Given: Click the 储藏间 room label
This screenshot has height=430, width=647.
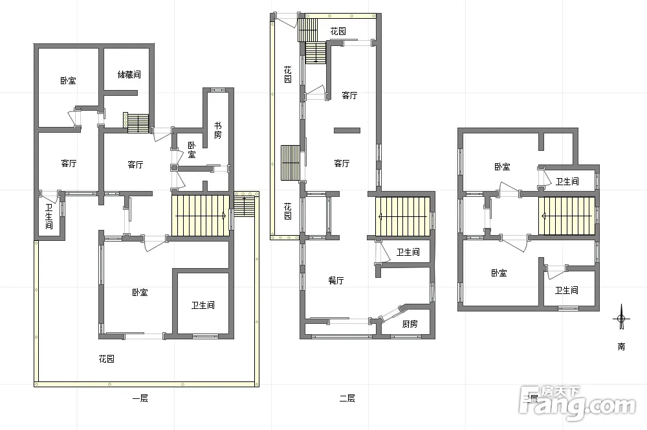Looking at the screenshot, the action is (x=129, y=74).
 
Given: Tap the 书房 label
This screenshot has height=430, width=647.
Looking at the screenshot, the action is (x=217, y=130).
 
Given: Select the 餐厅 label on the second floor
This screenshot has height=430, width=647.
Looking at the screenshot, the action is (x=336, y=280).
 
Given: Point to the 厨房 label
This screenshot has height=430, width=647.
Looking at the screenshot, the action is (x=410, y=324).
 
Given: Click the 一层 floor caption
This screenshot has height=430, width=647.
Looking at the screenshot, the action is (x=140, y=399).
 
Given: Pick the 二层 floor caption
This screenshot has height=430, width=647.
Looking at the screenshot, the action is (x=347, y=399).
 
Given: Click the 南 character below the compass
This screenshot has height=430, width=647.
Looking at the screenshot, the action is (x=621, y=346).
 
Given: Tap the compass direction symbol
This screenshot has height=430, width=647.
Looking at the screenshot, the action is (x=621, y=318).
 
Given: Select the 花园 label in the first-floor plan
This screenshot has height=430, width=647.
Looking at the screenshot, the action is (x=107, y=359).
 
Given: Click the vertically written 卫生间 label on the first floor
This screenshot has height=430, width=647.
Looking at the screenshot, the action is (x=49, y=216).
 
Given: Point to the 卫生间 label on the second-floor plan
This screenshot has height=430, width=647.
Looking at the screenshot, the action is (x=408, y=252).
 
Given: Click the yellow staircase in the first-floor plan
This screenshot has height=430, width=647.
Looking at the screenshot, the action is (x=201, y=216).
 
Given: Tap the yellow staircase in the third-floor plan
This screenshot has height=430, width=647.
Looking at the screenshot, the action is (x=567, y=216).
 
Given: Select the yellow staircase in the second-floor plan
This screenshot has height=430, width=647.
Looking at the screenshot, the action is (x=402, y=216).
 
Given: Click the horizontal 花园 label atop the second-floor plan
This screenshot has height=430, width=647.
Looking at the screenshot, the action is (x=338, y=31).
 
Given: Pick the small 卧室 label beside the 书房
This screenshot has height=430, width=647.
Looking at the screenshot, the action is (x=192, y=150).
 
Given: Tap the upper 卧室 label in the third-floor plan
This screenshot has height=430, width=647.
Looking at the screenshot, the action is (x=502, y=167).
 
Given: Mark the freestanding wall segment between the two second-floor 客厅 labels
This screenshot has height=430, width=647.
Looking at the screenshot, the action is (x=347, y=131).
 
